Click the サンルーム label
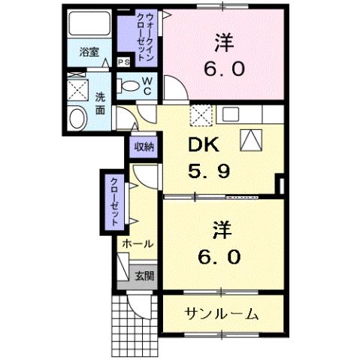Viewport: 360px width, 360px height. tap(222, 313)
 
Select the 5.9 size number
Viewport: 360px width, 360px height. tap(209, 171)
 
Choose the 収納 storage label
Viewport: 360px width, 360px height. tap(144, 147)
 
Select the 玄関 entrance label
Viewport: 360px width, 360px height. tap(144, 276)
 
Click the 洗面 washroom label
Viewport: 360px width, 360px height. tap(100, 103)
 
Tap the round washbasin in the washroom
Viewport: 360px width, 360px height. tap(76, 117)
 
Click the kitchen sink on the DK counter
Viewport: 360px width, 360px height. tap(230, 114)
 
